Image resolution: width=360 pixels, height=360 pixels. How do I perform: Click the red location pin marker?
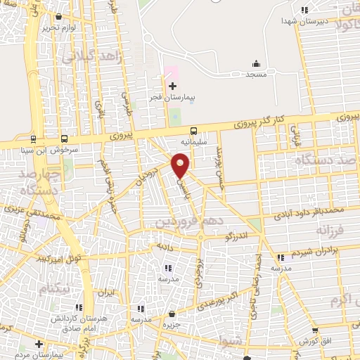(181, 166)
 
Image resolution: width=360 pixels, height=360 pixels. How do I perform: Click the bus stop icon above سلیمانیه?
(193, 131)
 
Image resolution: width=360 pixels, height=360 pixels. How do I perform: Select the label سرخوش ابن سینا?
(55, 149)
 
